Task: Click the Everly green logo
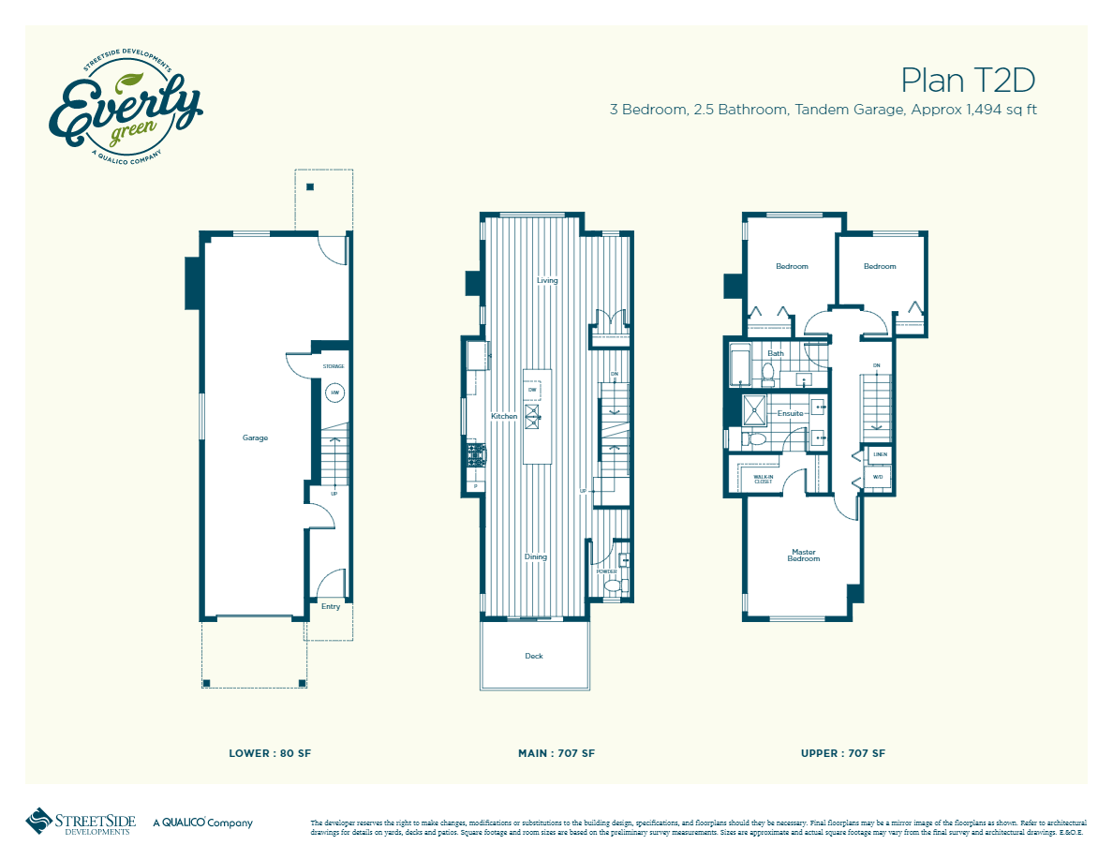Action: (125, 105)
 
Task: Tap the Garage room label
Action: (255, 437)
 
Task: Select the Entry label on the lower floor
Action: (331, 606)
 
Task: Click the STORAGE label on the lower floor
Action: (334, 366)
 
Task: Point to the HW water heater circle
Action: (334, 393)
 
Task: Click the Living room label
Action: (547, 280)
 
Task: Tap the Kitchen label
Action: (504, 416)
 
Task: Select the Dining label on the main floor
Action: (535, 557)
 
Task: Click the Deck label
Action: (534, 656)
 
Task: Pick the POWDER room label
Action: (606, 571)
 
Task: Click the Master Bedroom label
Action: (804, 556)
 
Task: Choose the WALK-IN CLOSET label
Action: (764, 479)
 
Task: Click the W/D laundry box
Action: (878, 477)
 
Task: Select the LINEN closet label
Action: (880, 455)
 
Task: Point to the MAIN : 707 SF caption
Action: (556, 753)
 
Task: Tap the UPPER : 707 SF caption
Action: (843, 753)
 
